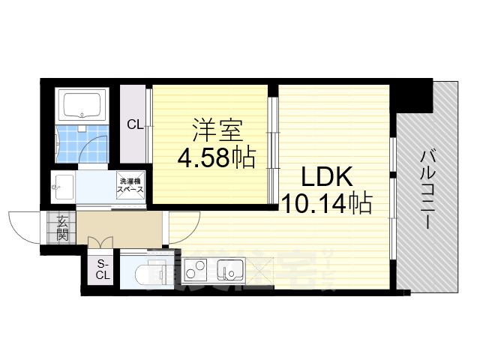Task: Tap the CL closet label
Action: click(x=134, y=124)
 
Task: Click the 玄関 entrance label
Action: click(x=61, y=226)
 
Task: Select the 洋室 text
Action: click(x=217, y=130)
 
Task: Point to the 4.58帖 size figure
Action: click(x=216, y=157)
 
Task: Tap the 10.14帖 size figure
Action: click(x=326, y=204)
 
